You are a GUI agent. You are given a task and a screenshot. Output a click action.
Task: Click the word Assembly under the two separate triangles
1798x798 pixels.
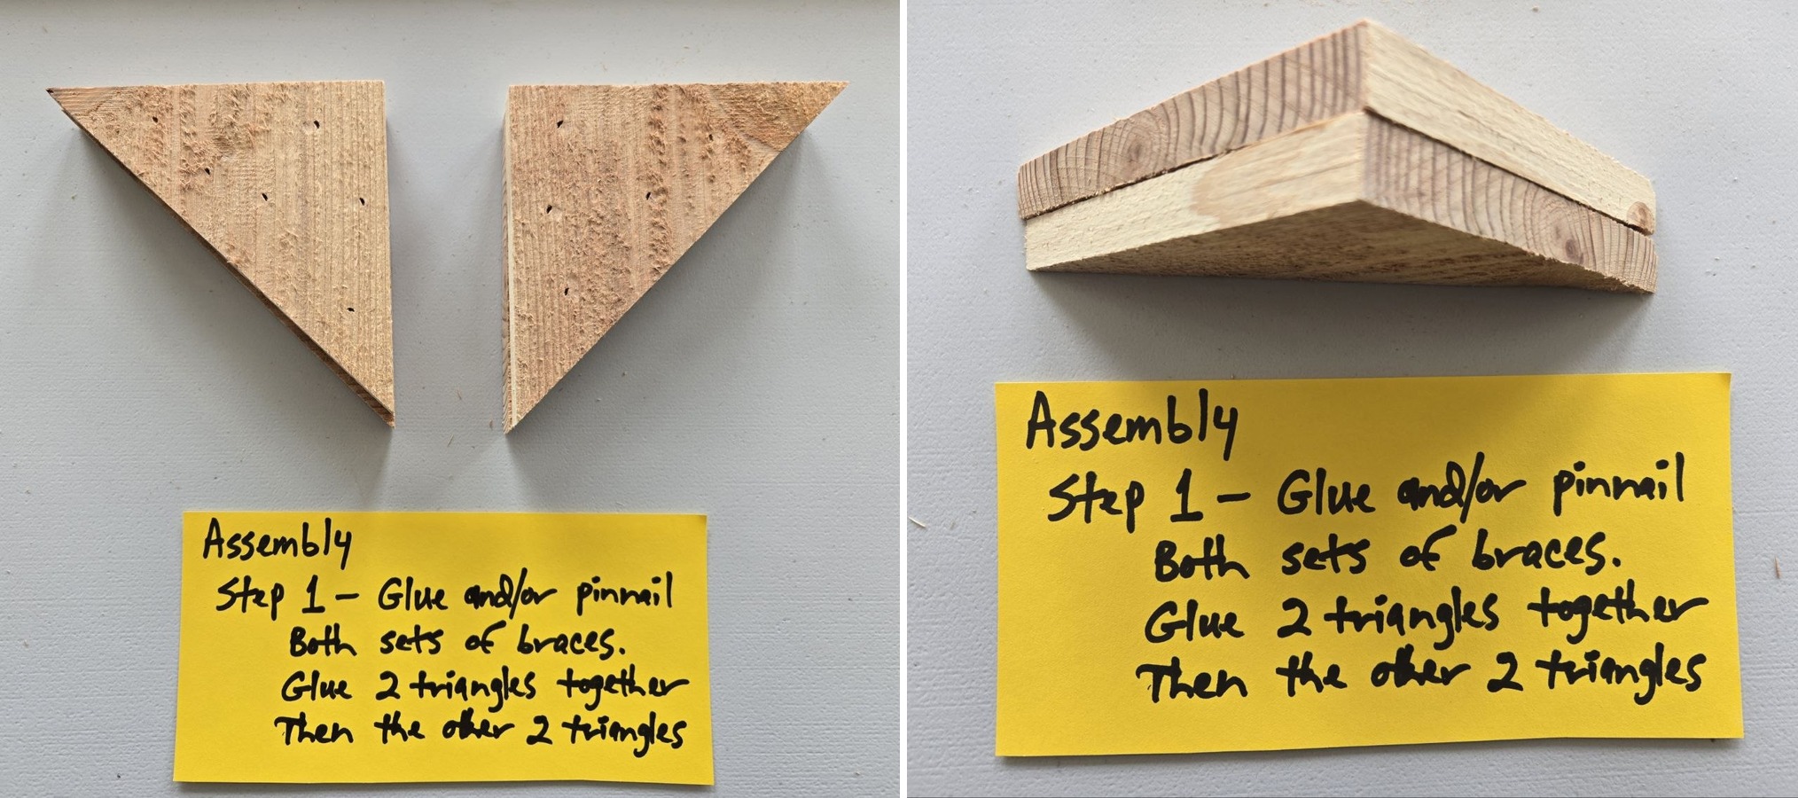tap(277, 542)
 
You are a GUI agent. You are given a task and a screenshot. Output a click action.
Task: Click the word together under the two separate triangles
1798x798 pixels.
tap(621, 685)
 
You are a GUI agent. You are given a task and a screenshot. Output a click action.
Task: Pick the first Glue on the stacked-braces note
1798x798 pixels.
tap(1324, 493)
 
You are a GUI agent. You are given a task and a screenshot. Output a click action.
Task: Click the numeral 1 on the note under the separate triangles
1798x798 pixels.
tap(311, 597)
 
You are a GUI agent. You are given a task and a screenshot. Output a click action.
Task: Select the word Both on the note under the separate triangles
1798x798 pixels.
tap(321, 640)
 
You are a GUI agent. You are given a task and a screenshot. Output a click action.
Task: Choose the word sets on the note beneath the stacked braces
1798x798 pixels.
tap(1323, 555)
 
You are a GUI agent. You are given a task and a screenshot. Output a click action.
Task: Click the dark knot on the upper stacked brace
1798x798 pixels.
tap(1640, 214)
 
